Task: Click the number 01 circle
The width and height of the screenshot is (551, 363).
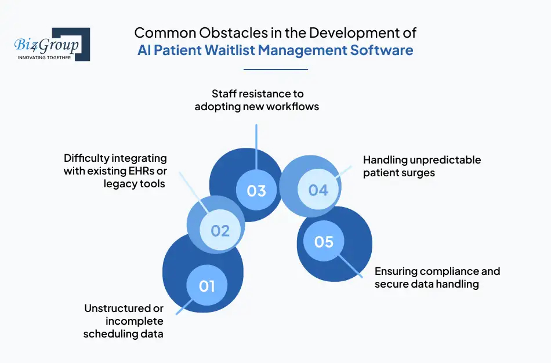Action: tap(207, 285)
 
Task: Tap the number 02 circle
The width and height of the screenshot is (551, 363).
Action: tap(220, 230)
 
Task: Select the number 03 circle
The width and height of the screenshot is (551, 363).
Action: tap(256, 190)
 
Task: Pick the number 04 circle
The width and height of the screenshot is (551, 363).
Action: tap(318, 189)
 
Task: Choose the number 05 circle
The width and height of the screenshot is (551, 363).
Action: tap(324, 241)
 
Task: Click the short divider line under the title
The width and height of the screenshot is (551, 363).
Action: tap(275, 70)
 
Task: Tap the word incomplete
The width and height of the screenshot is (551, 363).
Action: tap(135, 321)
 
